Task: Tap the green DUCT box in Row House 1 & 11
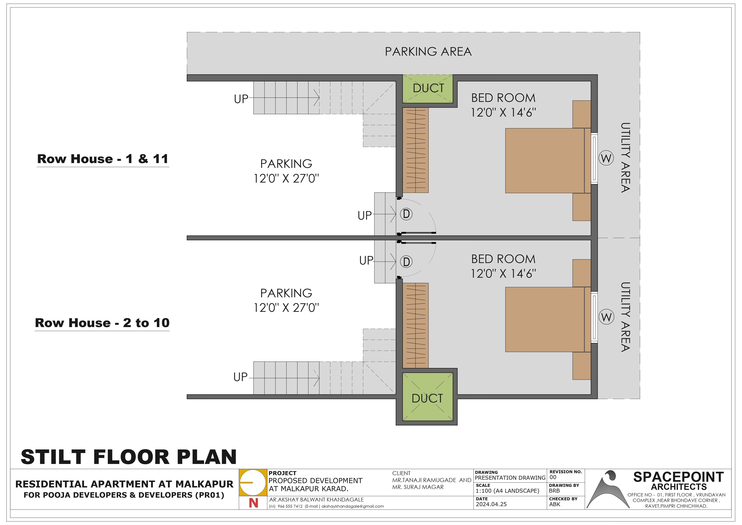point(428,89)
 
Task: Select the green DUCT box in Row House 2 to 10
point(428,397)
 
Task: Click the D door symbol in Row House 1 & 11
point(406,214)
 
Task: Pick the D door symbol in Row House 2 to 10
point(406,262)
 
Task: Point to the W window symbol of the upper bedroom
point(606,158)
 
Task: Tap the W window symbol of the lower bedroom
point(606,317)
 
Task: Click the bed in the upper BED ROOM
point(548,161)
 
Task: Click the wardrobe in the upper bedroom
point(415,150)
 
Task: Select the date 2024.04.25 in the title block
point(491,504)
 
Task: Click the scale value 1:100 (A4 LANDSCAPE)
point(507,491)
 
